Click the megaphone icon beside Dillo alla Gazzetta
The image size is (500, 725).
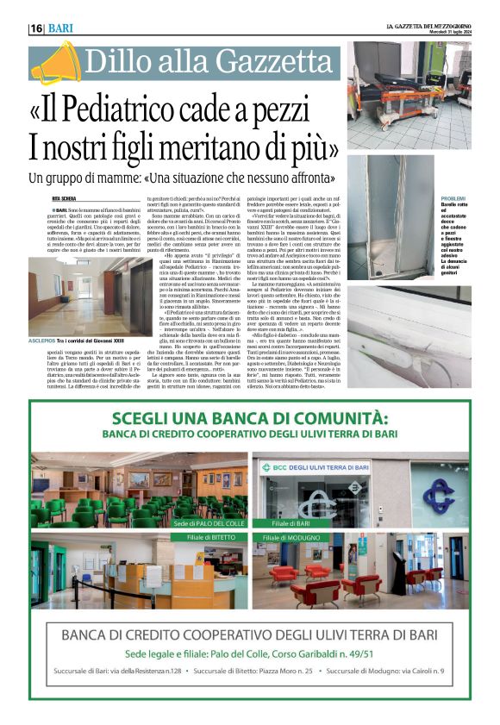(53, 62)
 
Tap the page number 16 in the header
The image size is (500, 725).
(37, 28)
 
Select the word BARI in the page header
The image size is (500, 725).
(60, 28)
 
